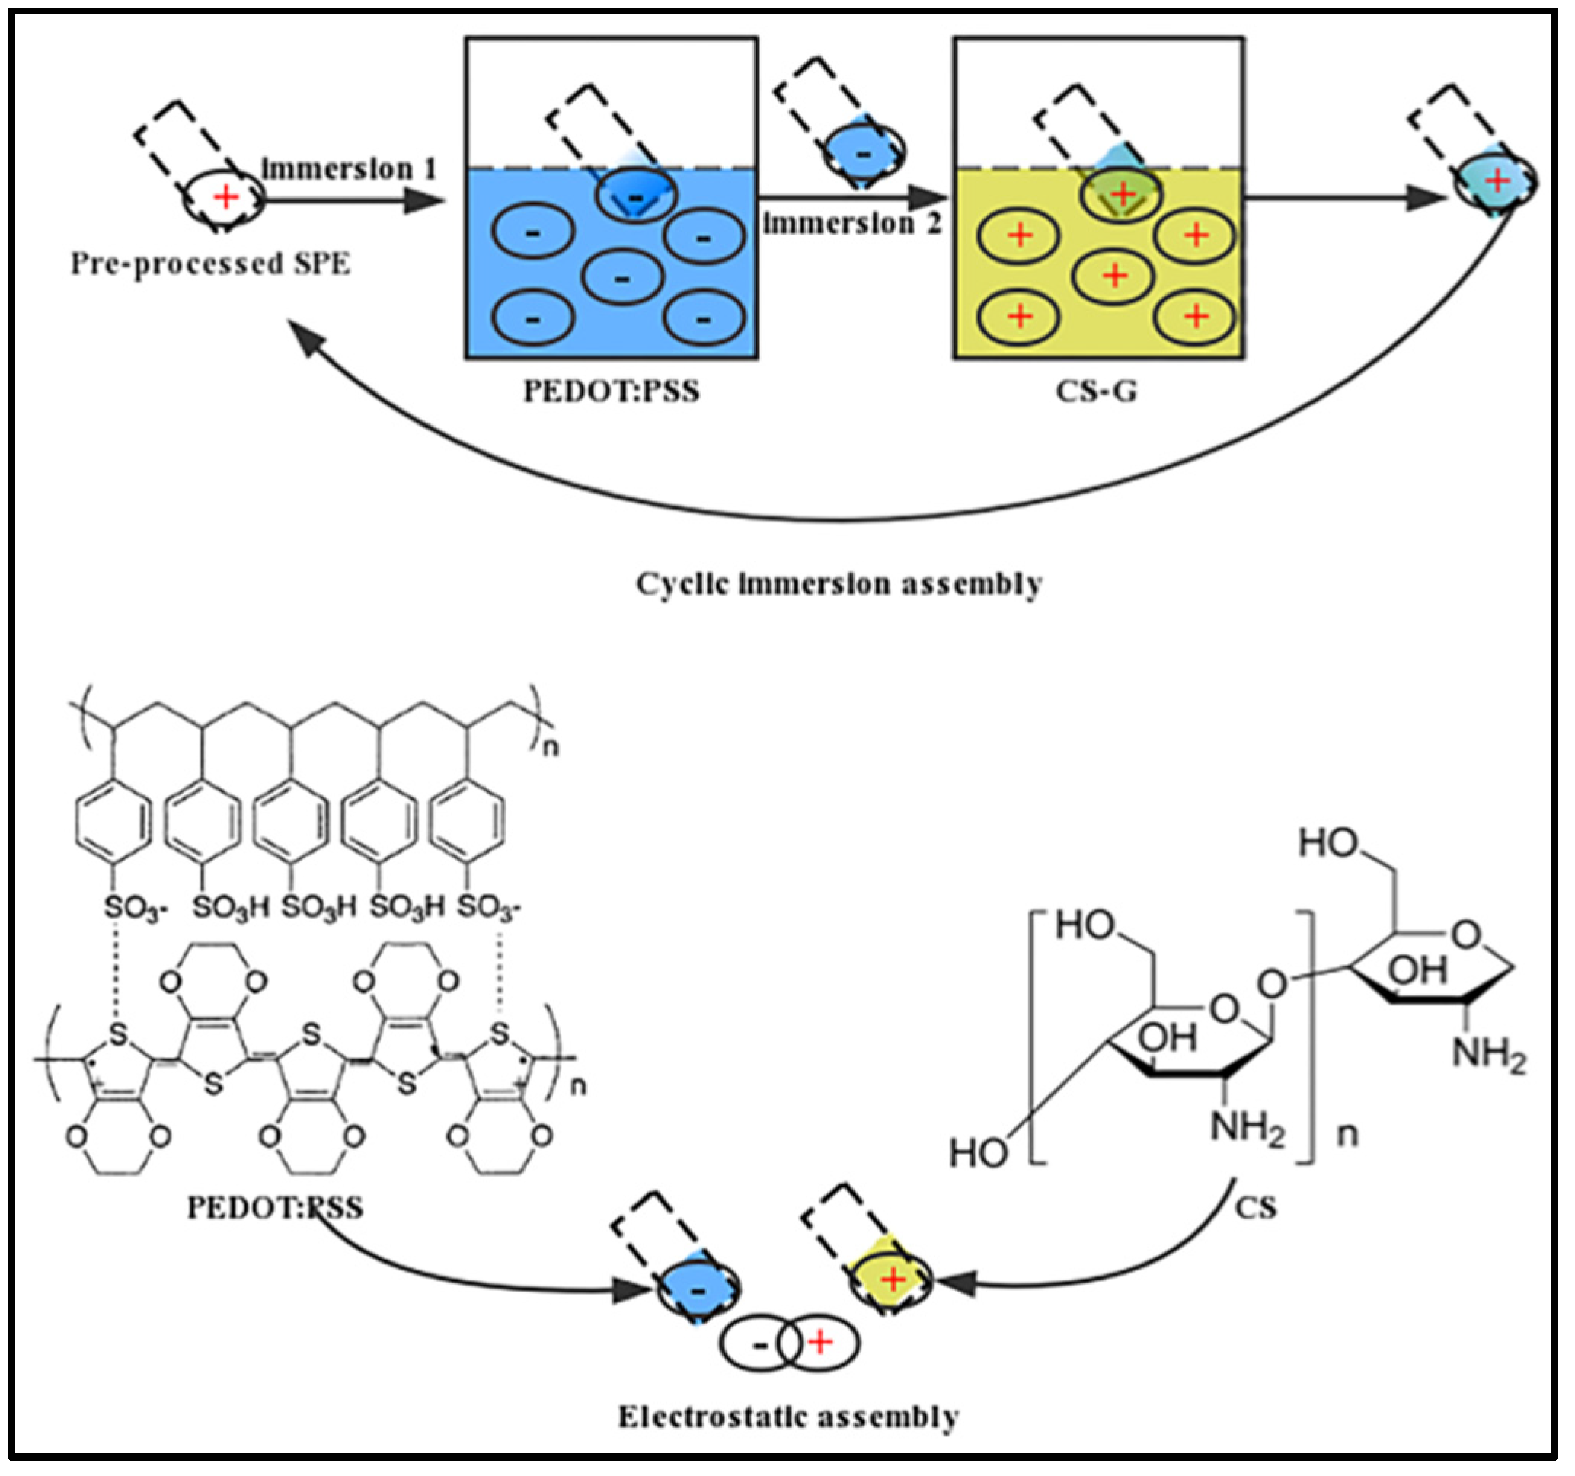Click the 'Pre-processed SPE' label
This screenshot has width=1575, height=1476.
pos(210,264)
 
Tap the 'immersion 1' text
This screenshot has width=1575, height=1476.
pos(349,169)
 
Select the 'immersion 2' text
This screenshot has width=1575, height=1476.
pos(852,223)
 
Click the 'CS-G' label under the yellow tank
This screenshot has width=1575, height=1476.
pos(1097,391)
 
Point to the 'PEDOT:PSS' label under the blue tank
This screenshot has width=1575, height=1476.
pos(612,391)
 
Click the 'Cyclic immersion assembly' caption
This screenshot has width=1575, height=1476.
pos(839,584)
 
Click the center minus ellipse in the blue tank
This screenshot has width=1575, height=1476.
pos(622,278)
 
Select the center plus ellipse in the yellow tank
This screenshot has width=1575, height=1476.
pos(1114,275)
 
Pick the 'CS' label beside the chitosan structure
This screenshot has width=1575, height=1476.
pos(1256,1207)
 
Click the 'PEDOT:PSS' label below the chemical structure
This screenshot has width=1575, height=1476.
pos(275,1207)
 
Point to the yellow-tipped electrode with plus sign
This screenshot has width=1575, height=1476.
pos(893,1279)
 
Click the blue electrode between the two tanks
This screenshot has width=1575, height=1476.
pos(863,153)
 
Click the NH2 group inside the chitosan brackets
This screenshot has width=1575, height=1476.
pos(1246,1126)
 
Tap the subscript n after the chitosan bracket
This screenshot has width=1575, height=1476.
pos(1347,1135)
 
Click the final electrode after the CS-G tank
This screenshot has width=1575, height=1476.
pos(1494,182)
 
